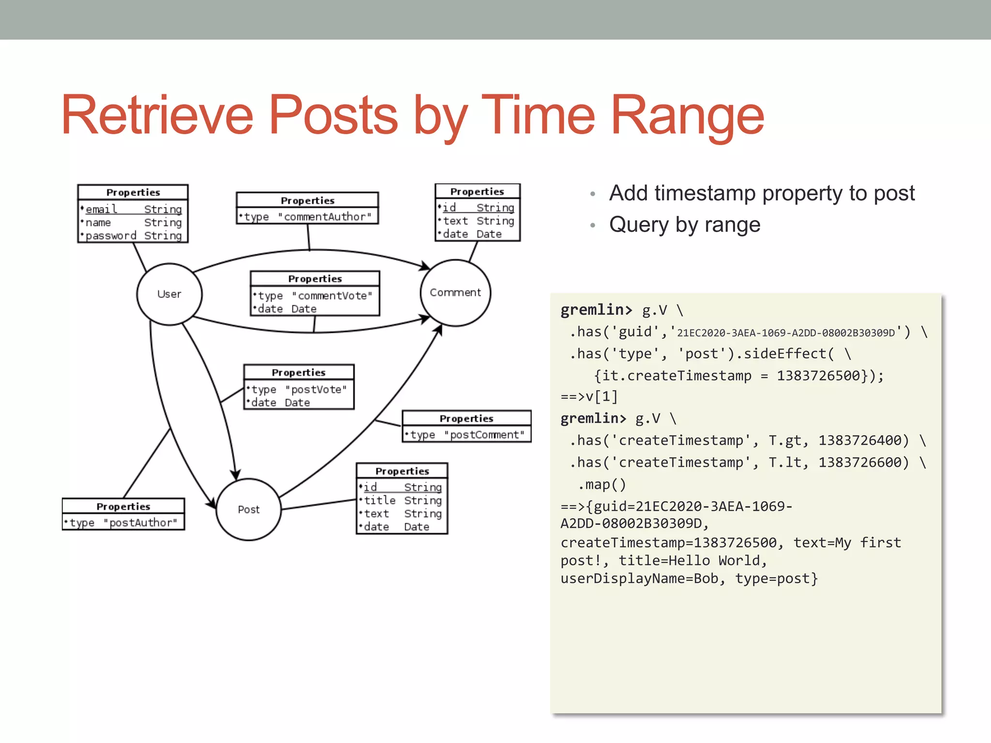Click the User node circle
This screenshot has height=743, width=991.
(169, 294)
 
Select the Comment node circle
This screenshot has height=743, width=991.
(455, 293)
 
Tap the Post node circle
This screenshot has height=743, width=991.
(248, 509)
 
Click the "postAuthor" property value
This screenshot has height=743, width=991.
(140, 523)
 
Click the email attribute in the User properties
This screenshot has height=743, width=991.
(101, 209)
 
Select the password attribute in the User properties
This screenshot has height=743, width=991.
(111, 236)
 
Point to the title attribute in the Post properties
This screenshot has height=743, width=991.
(380, 500)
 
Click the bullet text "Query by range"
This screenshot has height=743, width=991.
(684, 225)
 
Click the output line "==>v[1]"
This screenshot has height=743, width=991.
(589, 397)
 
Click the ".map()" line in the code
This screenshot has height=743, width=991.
(601, 484)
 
